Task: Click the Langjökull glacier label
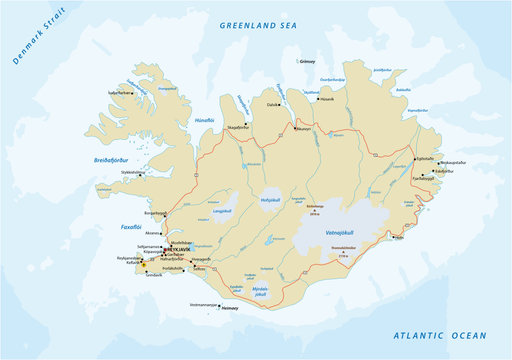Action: point(222,211)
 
